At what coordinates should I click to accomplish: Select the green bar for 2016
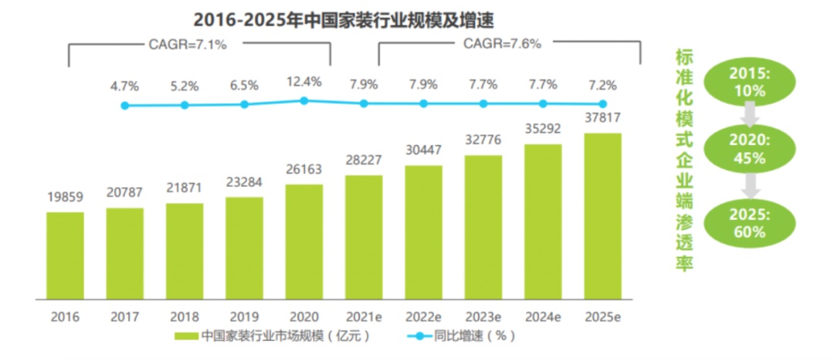point(65,255)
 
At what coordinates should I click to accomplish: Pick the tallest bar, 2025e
point(603,215)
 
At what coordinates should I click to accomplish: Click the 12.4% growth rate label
point(304,80)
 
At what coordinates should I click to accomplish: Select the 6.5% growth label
point(245,86)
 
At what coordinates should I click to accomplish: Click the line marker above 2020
point(304,100)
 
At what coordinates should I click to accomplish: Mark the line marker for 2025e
point(603,104)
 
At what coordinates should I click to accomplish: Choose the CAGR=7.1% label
point(188,45)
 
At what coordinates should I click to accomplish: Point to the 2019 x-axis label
point(244,316)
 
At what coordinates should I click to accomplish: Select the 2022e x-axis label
point(423,316)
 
